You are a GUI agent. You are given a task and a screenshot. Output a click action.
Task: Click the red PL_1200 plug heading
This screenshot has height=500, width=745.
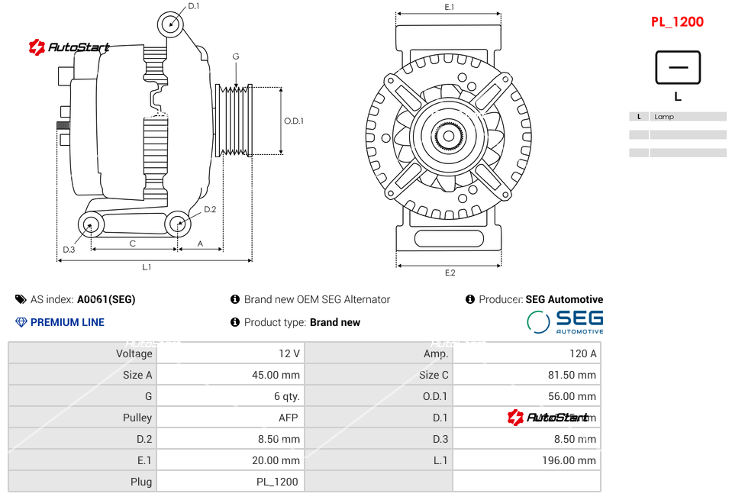tap(677, 22)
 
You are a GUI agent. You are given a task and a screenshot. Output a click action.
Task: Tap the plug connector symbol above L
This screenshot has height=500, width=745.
tap(677, 67)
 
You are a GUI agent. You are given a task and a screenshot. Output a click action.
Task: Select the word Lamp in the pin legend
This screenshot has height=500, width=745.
tap(664, 117)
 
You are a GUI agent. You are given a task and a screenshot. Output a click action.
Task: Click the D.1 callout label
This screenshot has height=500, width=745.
tap(194, 6)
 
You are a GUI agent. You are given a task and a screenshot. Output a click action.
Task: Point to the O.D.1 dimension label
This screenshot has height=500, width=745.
tap(294, 121)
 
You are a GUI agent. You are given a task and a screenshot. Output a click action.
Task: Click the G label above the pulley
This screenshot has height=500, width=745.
tap(236, 57)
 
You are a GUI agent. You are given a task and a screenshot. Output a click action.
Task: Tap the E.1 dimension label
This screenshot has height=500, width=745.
tap(450, 7)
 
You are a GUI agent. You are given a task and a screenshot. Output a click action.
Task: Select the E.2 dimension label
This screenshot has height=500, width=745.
tap(450, 273)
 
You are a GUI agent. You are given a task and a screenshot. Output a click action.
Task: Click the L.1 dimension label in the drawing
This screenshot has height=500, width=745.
tap(147, 267)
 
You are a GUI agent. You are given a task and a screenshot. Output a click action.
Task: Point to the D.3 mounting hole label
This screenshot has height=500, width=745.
tap(69, 249)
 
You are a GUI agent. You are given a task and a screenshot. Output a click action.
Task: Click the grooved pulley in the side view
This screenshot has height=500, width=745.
tap(234, 120)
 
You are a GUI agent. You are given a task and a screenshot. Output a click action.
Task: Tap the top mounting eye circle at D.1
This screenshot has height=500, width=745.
tap(171, 24)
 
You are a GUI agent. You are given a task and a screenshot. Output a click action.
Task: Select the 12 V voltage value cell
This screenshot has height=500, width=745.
tap(289, 353)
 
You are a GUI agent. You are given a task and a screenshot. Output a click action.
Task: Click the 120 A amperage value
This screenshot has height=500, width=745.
tap(583, 353)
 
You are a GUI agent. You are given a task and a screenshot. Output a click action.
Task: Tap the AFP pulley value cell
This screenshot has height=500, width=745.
tap(288, 418)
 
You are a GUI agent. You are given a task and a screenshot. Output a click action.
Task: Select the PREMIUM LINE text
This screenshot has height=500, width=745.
tap(67, 322)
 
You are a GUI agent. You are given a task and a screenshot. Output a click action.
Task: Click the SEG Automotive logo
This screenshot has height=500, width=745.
tap(566, 321)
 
